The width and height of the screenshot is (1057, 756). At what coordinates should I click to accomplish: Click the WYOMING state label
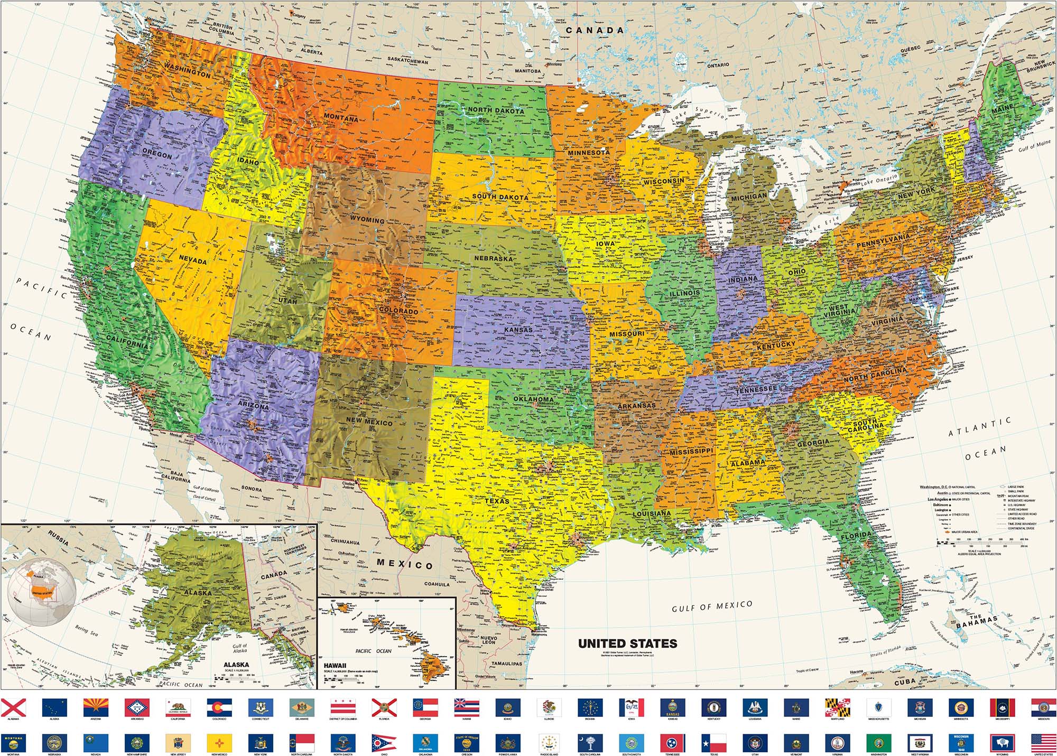click(367, 219)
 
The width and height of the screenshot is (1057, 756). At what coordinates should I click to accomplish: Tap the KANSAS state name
click(518, 330)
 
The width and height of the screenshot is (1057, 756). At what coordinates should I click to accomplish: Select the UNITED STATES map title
click(627, 643)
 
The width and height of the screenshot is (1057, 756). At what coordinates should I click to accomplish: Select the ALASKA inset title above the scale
click(236, 665)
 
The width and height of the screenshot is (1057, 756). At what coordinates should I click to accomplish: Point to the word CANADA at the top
click(595, 31)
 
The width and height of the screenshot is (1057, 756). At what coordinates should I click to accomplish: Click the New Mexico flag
click(219, 742)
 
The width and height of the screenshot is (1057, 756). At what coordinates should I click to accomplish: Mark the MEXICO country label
click(405, 564)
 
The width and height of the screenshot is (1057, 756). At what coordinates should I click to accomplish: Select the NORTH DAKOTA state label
click(496, 110)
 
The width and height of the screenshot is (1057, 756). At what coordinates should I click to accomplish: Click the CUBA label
click(904, 683)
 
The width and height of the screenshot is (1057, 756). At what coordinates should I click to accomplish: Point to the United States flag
click(1044, 742)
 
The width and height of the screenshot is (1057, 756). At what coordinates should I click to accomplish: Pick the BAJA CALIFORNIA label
click(175, 477)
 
